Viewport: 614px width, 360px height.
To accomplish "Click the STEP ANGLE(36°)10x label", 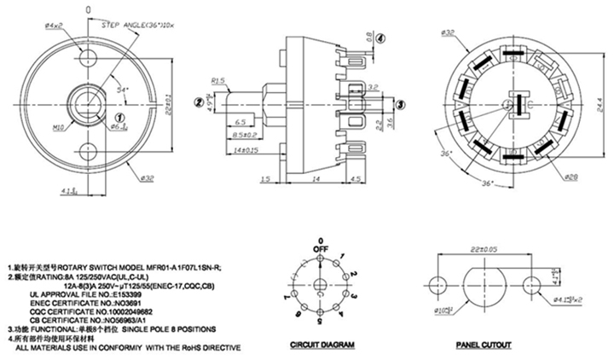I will [x=136, y=28].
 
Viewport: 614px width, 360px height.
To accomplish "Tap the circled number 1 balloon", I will [x=120, y=115].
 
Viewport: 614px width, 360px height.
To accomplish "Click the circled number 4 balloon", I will [x=380, y=37].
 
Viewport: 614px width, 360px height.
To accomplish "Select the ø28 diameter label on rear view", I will [x=571, y=177].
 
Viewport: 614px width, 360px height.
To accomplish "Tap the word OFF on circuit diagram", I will [x=321, y=249].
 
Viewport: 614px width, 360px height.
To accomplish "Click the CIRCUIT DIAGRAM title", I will [x=321, y=345].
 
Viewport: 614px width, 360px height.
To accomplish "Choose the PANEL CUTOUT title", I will [x=484, y=345].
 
